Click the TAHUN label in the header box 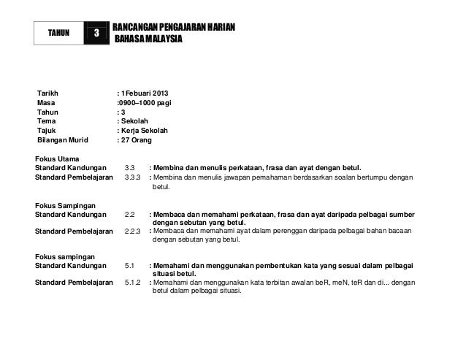click(58, 33)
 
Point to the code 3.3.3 click(133, 177)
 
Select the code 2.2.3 click(133, 231)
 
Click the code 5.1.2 click(133, 282)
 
